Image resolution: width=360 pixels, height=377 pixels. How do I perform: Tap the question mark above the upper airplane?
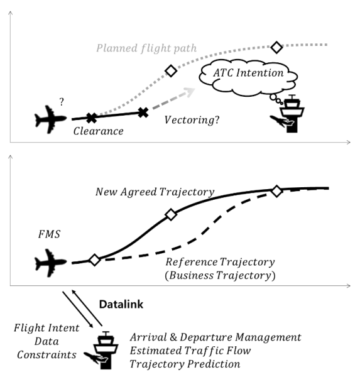click(x=62, y=102)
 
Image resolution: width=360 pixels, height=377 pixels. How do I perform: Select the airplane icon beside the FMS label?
click(x=50, y=263)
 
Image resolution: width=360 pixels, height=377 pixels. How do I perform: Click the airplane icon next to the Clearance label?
click(x=50, y=119)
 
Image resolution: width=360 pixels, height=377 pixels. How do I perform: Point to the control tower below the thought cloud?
click(x=287, y=114)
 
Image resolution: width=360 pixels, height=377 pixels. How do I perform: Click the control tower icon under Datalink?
click(x=101, y=350)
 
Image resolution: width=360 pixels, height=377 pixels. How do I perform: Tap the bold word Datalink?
click(x=121, y=304)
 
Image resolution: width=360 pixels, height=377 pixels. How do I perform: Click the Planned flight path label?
click(x=146, y=48)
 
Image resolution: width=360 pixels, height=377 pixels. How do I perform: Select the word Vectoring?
click(x=192, y=120)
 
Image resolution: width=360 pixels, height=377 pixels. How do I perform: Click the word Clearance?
click(x=99, y=131)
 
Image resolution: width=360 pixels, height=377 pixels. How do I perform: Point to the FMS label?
click(x=49, y=234)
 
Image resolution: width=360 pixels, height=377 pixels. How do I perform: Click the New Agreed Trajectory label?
click(x=155, y=192)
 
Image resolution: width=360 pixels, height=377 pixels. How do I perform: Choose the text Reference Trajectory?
click(x=220, y=262)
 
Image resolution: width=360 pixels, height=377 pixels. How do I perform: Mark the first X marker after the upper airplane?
click(x=92, y=118)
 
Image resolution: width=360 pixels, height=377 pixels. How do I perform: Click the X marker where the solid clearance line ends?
click(x=143, y=112)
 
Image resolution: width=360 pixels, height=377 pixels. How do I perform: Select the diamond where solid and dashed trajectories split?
click(x=94, y=260)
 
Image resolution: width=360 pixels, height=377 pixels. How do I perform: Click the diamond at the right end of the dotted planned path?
click(x=276, y=47)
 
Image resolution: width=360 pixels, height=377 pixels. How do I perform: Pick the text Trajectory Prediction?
click(x=185, y=364)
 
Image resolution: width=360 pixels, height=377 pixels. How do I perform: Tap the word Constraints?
click(x=46, y=354)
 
